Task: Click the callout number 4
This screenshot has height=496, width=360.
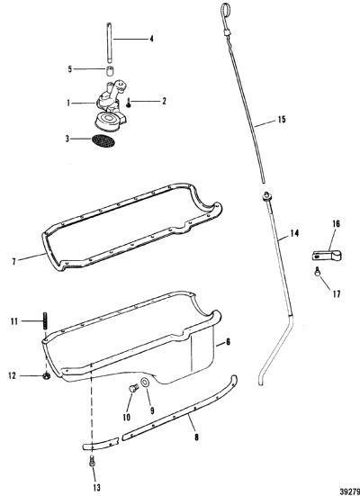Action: [151, 39]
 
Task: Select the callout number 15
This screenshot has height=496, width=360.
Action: [282, 119]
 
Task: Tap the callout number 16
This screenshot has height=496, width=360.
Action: [336, 224]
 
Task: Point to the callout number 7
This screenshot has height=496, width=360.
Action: [13, 262]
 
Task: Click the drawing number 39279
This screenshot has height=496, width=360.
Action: [350, 491]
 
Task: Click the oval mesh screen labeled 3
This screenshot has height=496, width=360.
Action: [103, 141]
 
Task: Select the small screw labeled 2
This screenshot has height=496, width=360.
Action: [129, 103]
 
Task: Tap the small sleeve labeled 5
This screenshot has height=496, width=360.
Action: [110, 71]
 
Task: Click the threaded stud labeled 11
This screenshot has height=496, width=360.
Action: [45, 321]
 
